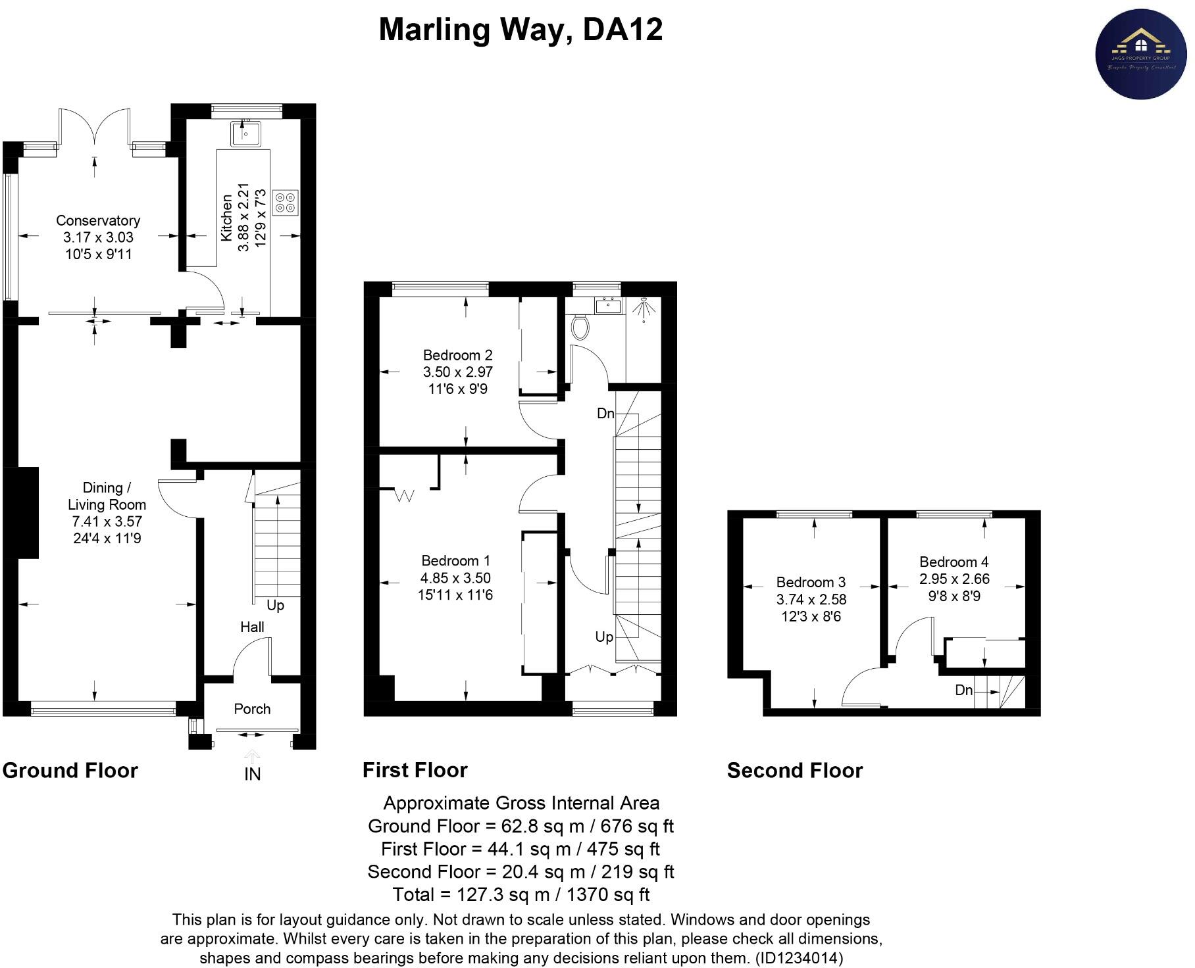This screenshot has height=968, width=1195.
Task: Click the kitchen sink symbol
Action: (x=245, y=133)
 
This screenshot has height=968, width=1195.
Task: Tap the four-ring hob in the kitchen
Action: (x=286, y=202)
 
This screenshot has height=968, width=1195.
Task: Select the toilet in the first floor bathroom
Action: (x=580, y=327)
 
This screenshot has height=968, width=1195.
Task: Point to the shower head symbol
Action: (x=643, y=309)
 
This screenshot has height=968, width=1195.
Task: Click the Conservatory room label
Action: (x=98, y=220)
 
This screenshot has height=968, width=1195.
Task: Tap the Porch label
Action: (x=252, y=709)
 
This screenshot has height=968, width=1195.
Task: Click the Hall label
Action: (x=252, y=627)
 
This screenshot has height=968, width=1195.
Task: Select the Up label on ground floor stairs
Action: (x=275, y=605)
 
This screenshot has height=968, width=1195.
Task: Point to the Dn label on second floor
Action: (x=963, y=690)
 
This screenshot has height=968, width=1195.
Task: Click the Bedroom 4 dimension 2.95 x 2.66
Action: (x=954, y=579)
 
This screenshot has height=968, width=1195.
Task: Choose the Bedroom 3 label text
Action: (x=811, y=582)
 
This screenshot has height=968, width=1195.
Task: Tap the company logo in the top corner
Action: (x=1140, y=54)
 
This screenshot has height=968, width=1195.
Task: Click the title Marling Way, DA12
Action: (x=521, y=30)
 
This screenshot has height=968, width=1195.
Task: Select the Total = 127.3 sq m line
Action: (x=521, y=894)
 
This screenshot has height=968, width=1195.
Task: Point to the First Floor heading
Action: (x=415, y=770)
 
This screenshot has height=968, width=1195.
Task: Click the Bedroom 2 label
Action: (x=457, y=355)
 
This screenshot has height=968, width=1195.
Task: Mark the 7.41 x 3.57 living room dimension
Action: (x=107, y=521)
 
